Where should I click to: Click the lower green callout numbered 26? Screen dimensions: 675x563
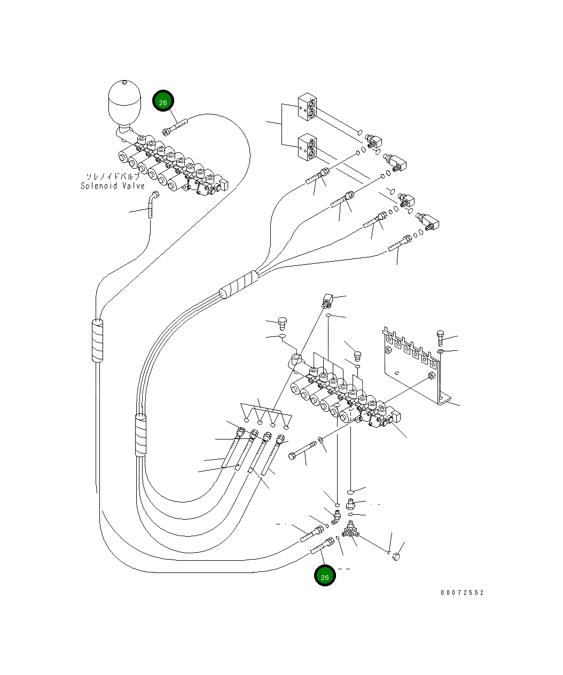click(x=324, y=575)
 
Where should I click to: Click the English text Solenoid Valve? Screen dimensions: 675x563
click(x=113, y=186)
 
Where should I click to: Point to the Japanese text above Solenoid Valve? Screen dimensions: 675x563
click(x=113, y=176)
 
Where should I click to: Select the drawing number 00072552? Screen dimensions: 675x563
click(x=462, y=593)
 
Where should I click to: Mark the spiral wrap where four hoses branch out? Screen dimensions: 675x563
click(x=239, y=285)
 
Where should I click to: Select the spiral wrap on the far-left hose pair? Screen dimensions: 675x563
click(x=97, y=340)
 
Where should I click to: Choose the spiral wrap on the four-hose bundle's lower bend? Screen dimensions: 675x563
click(x=140, y=435)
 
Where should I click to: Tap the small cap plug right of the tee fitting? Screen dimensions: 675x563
click(x=396, y=558)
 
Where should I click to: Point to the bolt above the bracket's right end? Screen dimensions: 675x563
click(x=440, y=338)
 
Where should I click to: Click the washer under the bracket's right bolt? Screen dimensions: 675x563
click(x=440, y=351)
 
